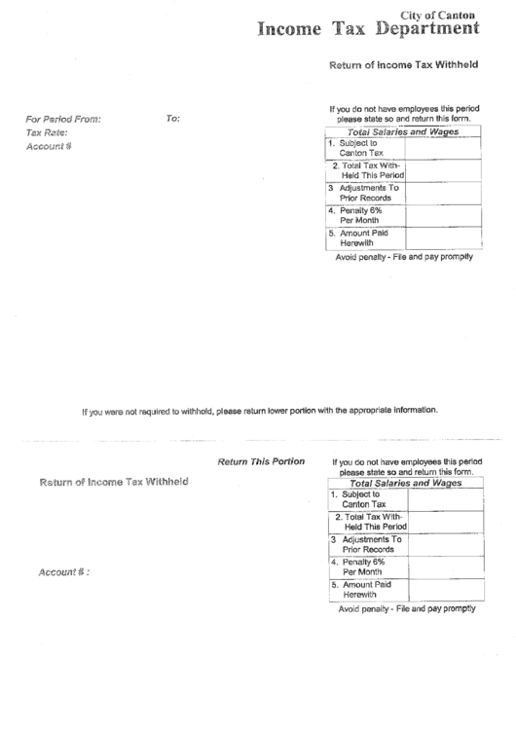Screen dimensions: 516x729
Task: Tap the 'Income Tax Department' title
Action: [x=368, y=29]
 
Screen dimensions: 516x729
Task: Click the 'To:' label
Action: [x=173, y=119]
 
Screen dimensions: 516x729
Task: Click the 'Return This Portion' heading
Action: [x=262, y=460]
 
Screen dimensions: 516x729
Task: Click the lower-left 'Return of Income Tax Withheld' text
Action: [x=113, y=482]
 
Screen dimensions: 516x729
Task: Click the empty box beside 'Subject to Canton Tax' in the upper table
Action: [x=442, y=148]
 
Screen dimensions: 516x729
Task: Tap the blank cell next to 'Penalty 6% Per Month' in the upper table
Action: [x=442, y=215]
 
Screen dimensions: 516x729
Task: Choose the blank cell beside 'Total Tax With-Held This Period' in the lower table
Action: [x=444, y=523]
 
